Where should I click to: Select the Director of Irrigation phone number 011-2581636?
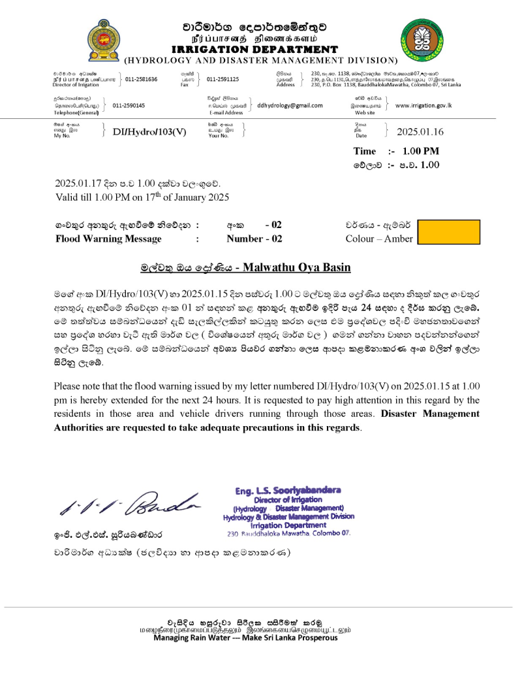(142, 79)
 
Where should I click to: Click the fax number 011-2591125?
(223, 79)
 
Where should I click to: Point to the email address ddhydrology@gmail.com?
(290, 105)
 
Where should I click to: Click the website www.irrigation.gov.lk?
(423, 105)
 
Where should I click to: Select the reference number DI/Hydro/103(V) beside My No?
(149, 131)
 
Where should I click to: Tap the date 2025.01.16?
(420, 131)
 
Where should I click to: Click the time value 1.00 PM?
(416, 151)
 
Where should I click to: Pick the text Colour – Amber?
(379, 239)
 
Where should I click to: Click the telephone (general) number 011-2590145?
(129, 105)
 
